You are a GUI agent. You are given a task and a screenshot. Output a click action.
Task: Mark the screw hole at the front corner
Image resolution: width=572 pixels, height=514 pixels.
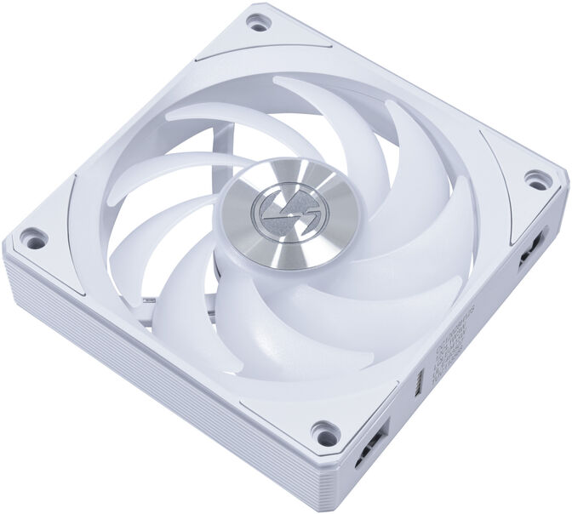pyautogui.click(x=323, y=429)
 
